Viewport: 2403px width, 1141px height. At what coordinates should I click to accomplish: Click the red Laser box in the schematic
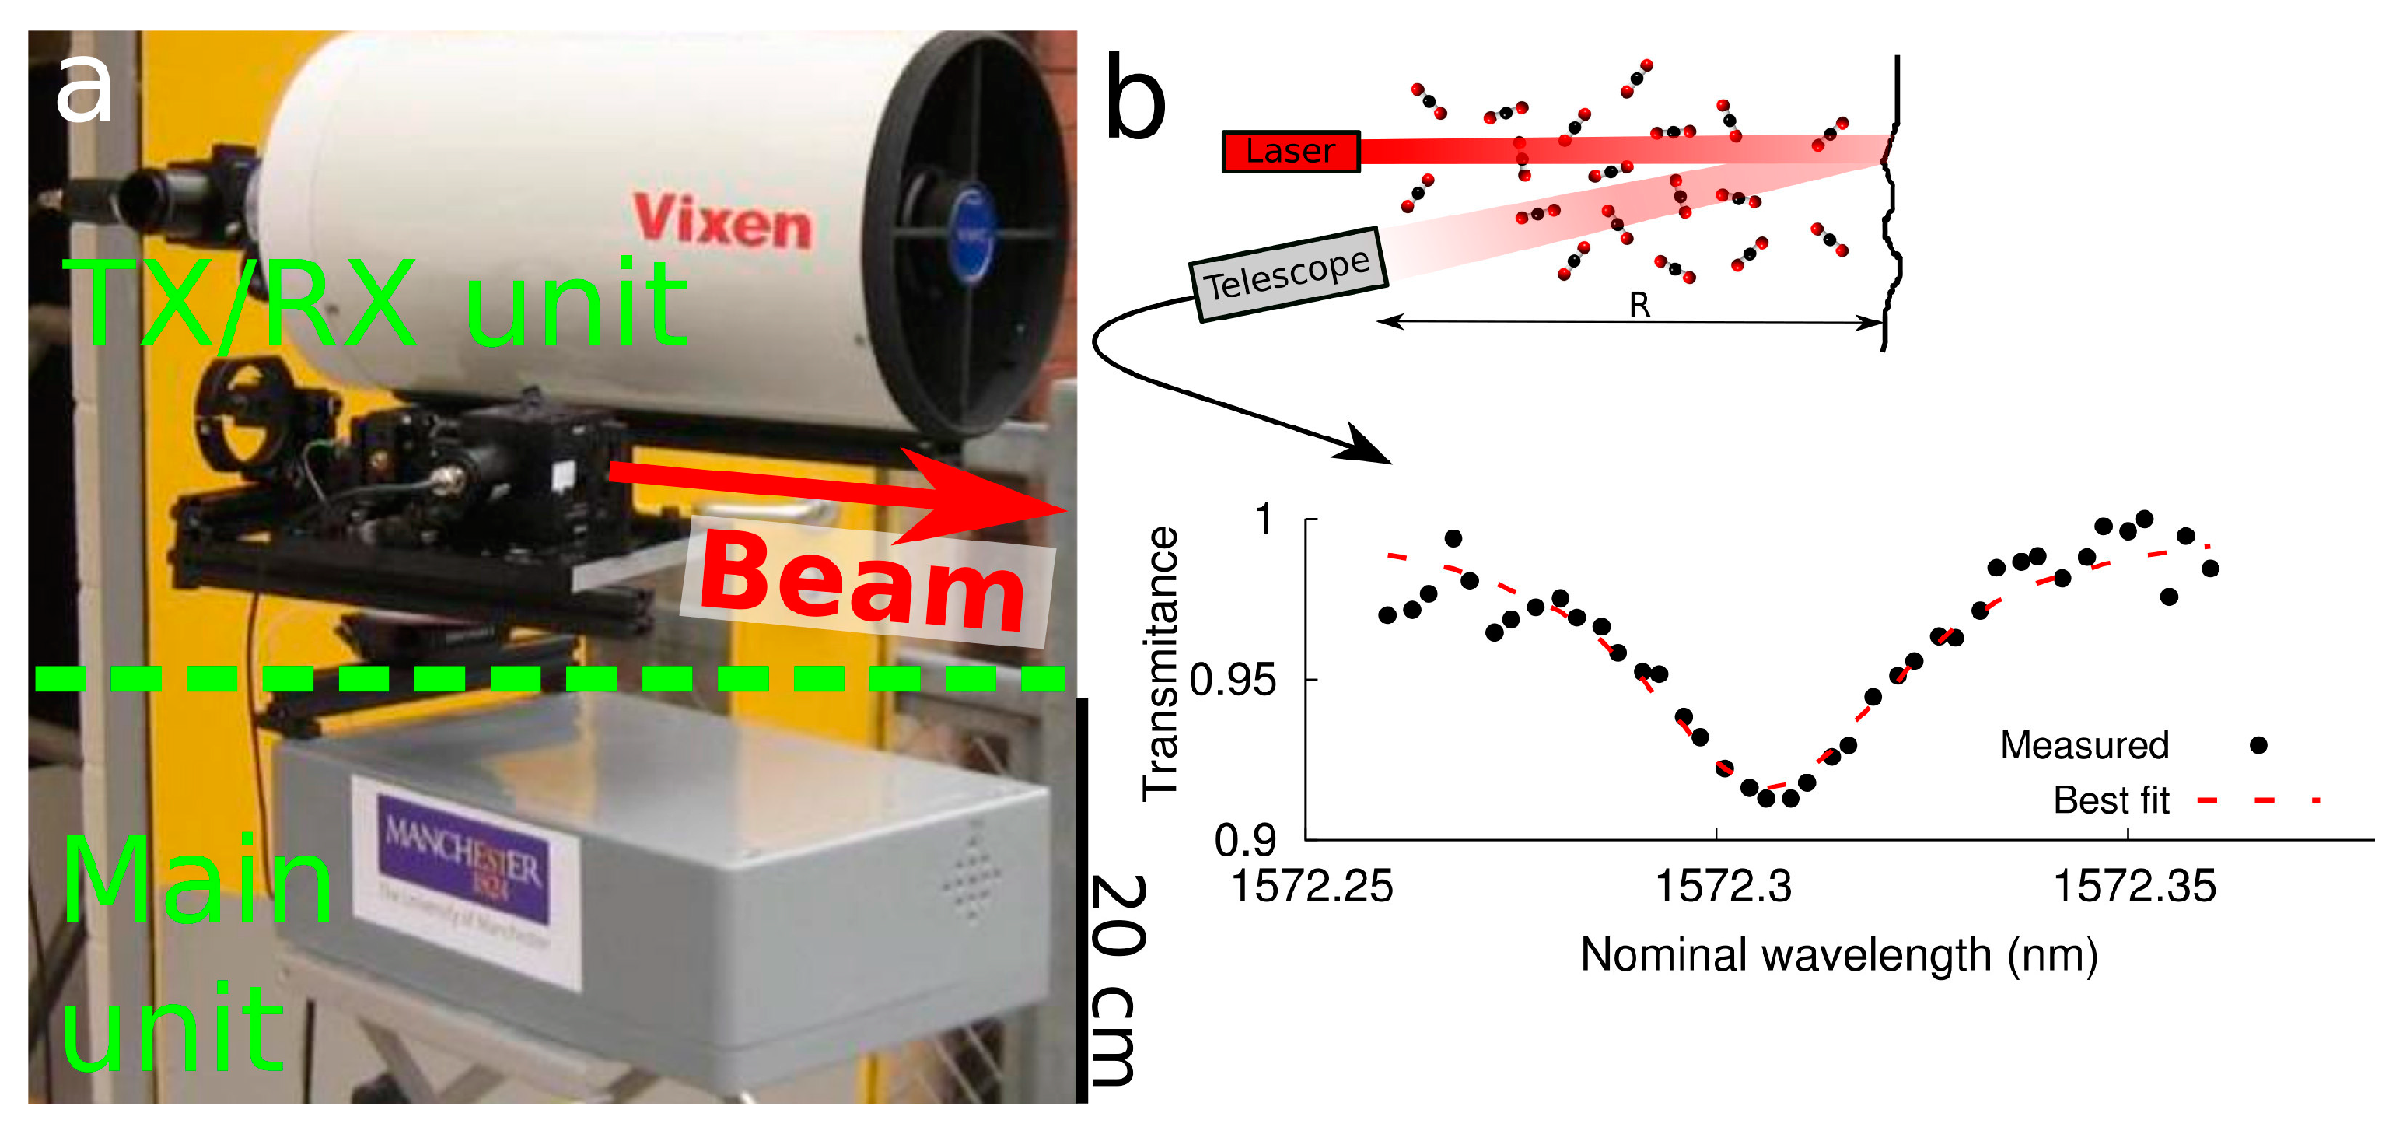pyautogui.click(x=1291, y=151)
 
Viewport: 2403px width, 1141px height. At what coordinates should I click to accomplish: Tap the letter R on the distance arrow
pyautogui.click(x=1639, y=305)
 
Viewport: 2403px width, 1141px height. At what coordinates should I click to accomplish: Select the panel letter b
pyautogui.click(x=1135, y=98)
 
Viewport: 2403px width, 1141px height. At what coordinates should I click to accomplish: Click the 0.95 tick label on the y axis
pyautogui.click(x=1233, y=681)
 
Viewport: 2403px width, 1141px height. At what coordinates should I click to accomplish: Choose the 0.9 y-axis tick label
pyautogui.click(x=1245, y=841)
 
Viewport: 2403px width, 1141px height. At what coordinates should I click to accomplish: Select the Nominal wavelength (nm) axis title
pyautogui.click(x=1838, y=956)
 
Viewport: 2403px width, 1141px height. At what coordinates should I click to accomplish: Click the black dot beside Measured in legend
pyautogui.click(x=2258, y=744)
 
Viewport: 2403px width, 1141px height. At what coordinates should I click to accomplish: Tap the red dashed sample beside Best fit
pyautogui.click(x=2258, y=800)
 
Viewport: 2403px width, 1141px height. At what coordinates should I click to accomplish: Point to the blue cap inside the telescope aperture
pyautogui.click(x=971, y=233)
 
